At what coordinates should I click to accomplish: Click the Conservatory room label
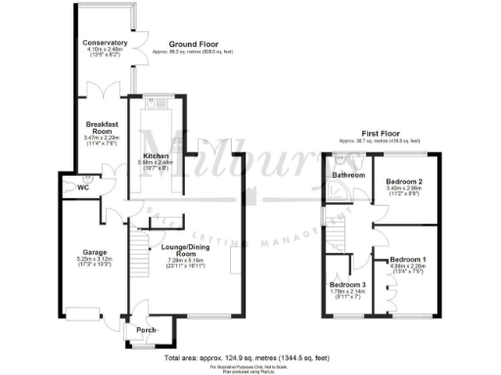(x=105, y=44)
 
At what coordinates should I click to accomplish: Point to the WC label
(x=70, y=187)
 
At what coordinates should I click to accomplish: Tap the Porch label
(x=147, y=329)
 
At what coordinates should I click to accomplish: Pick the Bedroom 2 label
(x=402, y=183)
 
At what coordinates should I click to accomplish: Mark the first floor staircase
(x=343, y=233)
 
